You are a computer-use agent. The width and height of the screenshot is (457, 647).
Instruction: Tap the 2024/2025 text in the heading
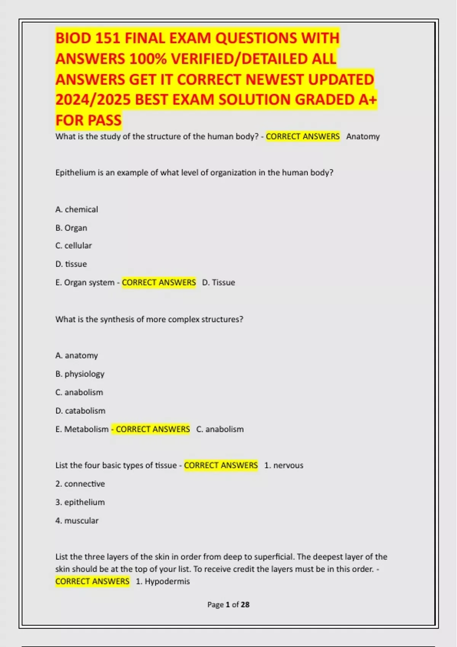point(93,100)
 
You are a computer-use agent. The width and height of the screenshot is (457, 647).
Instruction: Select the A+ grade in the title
point(368,100)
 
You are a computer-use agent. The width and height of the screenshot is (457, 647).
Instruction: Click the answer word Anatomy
point(363,137)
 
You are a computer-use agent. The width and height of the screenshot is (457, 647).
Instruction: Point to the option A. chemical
point(77,210)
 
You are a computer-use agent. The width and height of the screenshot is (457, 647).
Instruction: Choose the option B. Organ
point(71,228)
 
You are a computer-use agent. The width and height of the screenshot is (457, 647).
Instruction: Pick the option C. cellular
point(74,246)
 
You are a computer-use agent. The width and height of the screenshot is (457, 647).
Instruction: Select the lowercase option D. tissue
point(71,264)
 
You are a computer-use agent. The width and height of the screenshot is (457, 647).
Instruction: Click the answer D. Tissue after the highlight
point(218,282)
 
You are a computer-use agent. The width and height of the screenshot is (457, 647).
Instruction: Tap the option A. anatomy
point(77,355)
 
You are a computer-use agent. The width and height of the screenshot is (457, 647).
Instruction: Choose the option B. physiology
point(80,374)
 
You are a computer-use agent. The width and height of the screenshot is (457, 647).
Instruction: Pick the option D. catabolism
point(80,411)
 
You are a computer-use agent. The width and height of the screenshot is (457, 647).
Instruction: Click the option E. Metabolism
point(82,429)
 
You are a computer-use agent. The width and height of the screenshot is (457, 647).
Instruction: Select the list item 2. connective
point(80,484)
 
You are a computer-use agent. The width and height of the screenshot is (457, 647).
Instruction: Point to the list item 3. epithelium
point(80,502)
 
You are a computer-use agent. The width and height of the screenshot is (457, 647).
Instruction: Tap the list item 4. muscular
point(77,521)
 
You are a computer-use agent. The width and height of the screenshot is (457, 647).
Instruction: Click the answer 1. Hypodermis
point(163,582)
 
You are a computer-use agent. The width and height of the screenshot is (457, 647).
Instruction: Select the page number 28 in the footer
point(245,605)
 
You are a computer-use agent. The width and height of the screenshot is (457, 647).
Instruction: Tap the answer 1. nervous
point(284,465)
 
